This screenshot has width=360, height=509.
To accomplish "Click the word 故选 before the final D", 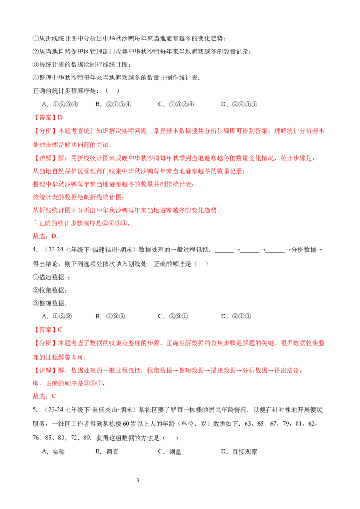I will (x=40, y=236).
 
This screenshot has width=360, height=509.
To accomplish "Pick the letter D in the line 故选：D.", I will (x=54, y=236).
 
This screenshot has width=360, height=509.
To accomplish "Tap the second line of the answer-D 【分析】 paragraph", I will (x=72, y=145).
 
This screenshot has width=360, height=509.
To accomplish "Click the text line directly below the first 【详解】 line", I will (x=138, y=171).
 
